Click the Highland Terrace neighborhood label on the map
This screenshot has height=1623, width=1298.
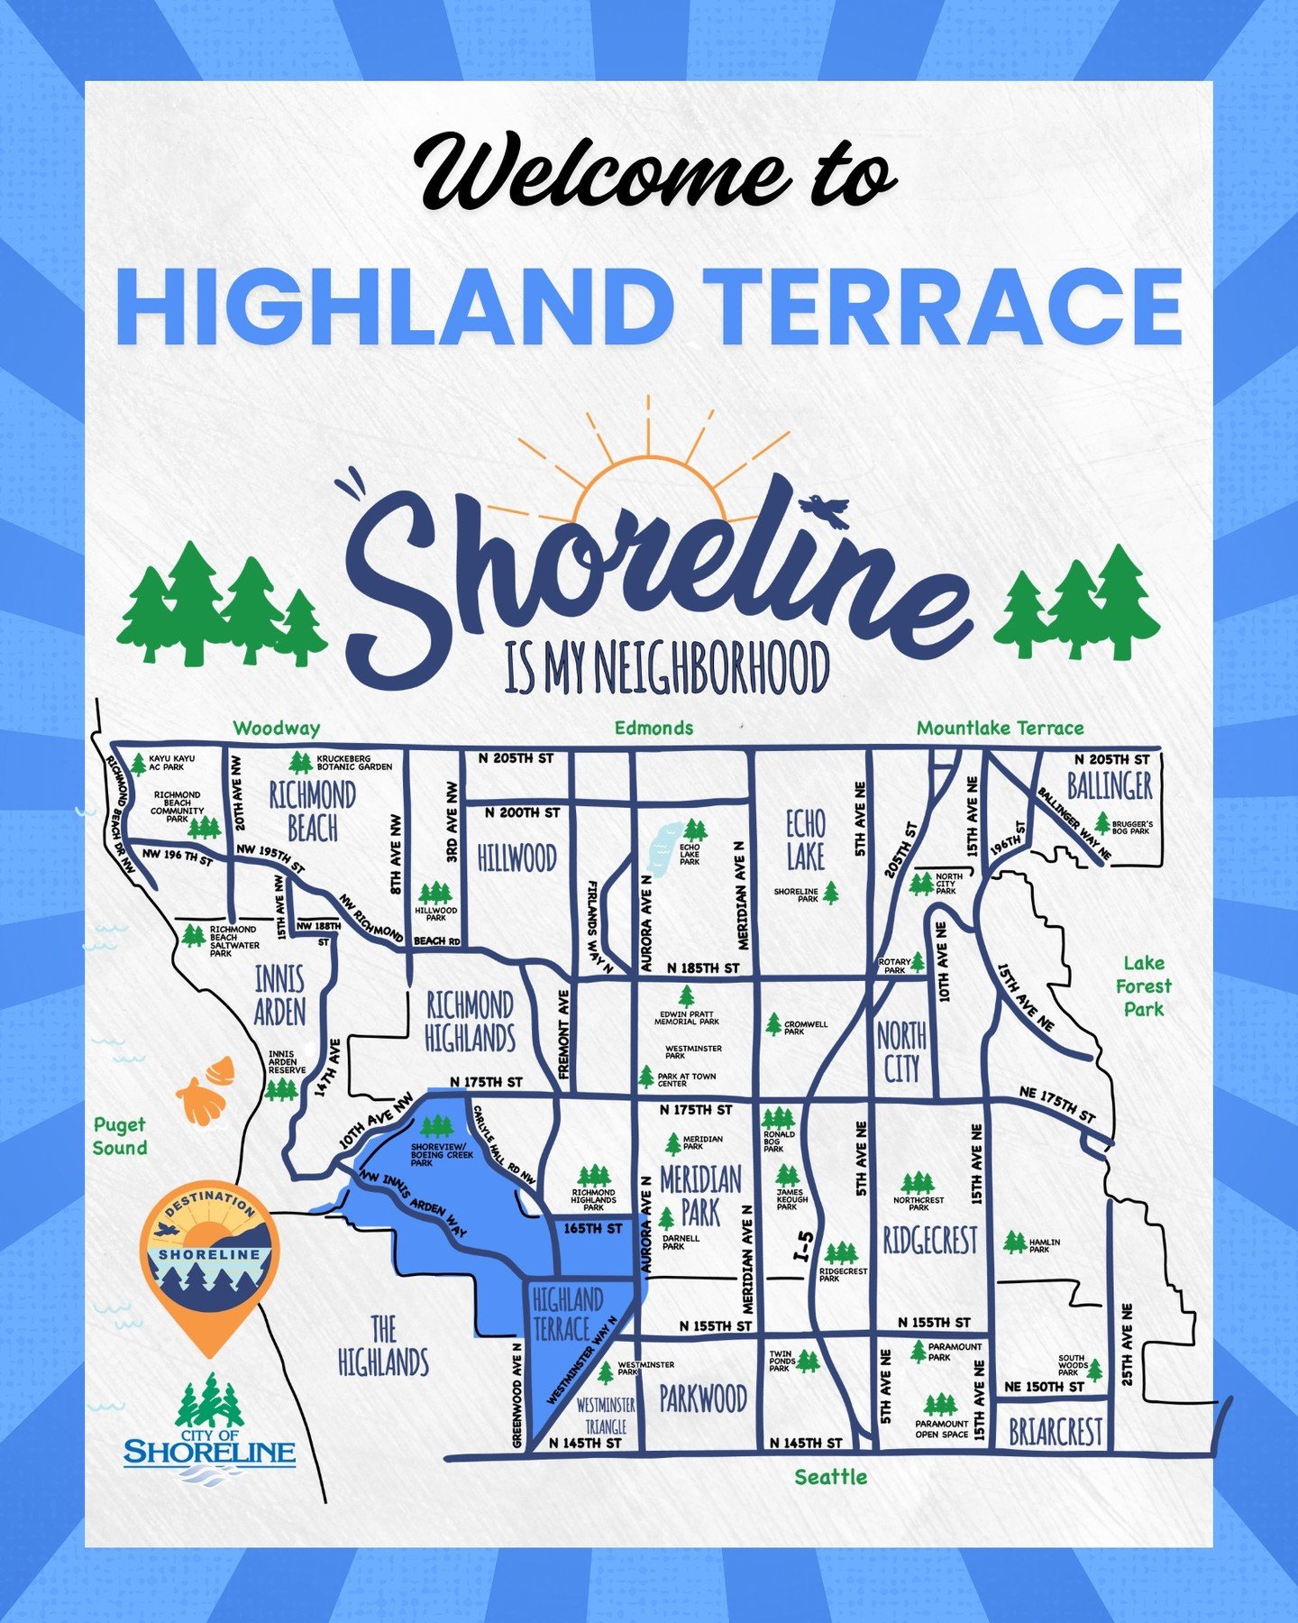[568, 1315]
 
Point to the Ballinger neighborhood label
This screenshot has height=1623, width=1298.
[1110, 785]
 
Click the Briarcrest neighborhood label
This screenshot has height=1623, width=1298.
[1055, 1432]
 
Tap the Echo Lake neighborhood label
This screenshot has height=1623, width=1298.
[805, 839]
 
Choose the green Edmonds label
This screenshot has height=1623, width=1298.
[654, 728]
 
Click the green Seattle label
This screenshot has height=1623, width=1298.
[830, 1477]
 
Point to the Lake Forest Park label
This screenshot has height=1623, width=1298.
[1143, 986]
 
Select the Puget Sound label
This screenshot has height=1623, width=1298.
[119, 1136]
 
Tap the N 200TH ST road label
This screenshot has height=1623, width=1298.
[522, 812]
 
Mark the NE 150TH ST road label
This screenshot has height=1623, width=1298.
[1044, 1387]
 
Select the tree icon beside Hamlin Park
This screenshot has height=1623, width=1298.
[1014, 1242]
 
